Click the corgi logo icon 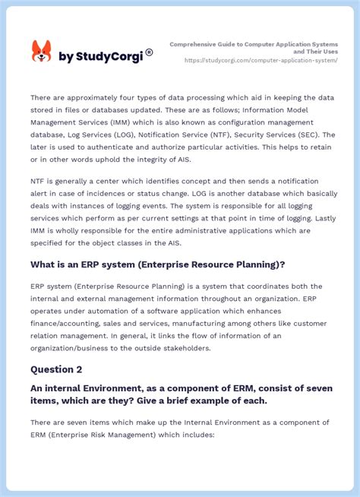(41, 52)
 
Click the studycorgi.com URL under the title (261, 60)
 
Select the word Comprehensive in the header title (193, 43)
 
